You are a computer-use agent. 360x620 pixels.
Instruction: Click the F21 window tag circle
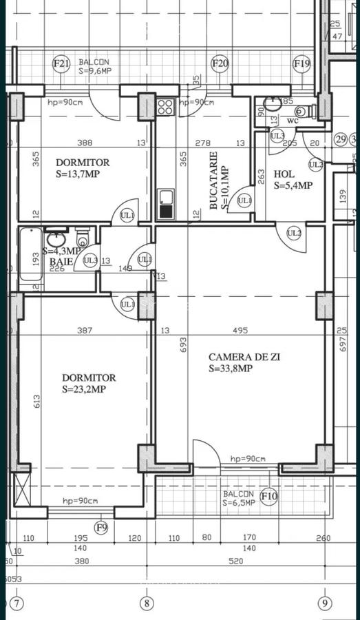click(62, 64)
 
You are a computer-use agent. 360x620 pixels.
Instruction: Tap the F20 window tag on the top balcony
click(220, 64)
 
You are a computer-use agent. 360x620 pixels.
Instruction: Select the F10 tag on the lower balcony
click(269, 496)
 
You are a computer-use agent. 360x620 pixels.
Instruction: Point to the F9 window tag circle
click(102, 528)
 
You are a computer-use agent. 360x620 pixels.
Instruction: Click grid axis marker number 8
click(147, 604)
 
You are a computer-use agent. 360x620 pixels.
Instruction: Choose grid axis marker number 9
click(325, 604)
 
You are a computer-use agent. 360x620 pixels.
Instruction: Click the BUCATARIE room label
click(213, 180)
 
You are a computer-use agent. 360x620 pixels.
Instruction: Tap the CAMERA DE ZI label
click(244, 357)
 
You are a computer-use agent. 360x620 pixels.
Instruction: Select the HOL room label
click(284, 174)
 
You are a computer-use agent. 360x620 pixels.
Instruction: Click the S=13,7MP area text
click(78, 174)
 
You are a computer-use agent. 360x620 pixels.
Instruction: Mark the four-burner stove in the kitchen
click(165, 106)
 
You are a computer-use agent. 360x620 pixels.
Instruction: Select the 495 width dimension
click(240, 331)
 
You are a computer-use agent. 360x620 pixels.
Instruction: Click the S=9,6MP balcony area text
click(94, 71)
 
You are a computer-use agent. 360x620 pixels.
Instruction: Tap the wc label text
click(292, 119)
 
